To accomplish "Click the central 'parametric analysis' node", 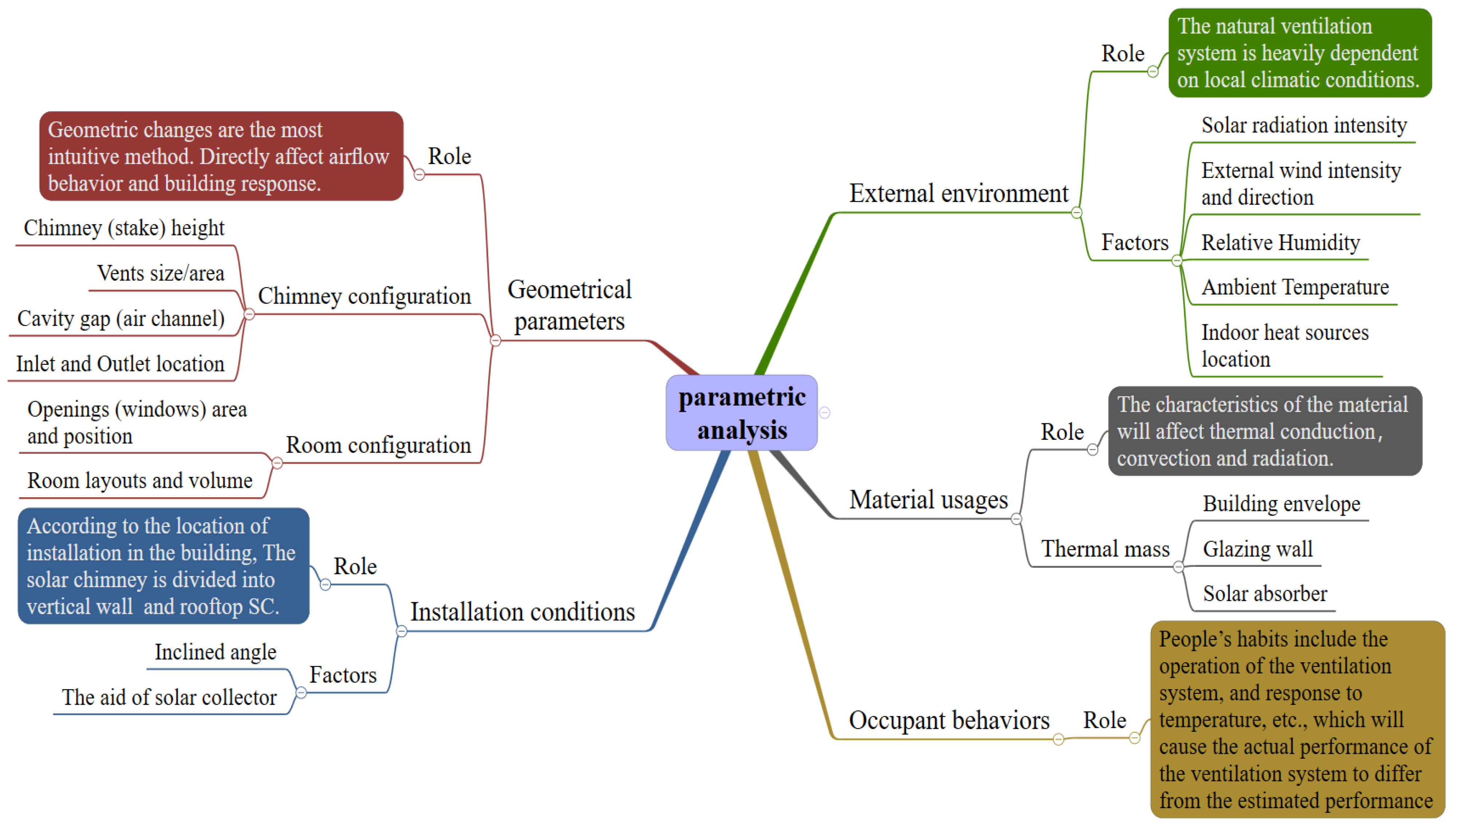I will [742, 413].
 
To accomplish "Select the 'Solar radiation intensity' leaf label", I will [1303, 125].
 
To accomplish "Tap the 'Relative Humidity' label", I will [1280, 242].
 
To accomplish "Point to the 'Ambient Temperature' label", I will [1294, 287].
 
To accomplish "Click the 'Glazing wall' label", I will [1257, 549].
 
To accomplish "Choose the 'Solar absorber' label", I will [1264, 593].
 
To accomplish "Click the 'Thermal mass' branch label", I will [1105, 549].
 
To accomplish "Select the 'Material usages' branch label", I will [928, 500].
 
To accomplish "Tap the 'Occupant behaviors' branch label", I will [948, 720].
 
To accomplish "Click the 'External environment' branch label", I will [958, 194].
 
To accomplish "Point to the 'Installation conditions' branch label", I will [522, 612].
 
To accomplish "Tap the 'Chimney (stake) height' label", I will [123, 228].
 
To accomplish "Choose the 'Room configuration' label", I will [378, 446].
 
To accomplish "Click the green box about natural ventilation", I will [1299, 53].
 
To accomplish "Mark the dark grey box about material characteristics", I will [1264, 431].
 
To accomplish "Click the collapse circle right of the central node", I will [825, 413].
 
